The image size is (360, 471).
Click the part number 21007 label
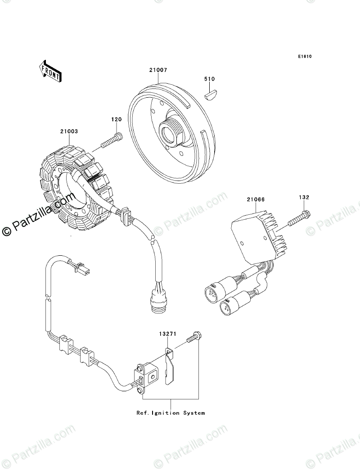pos(158,70)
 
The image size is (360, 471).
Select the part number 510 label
pos(209,79)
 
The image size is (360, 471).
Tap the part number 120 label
pos(117,120)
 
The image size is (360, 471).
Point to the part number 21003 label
pos(69,131)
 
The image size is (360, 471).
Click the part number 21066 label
pos(256,199)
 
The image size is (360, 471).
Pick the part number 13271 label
pos(166,334)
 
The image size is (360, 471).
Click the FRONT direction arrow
pos(49,71)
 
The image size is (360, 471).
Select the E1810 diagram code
pos(304,57)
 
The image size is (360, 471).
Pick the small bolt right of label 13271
pos(192,340)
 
